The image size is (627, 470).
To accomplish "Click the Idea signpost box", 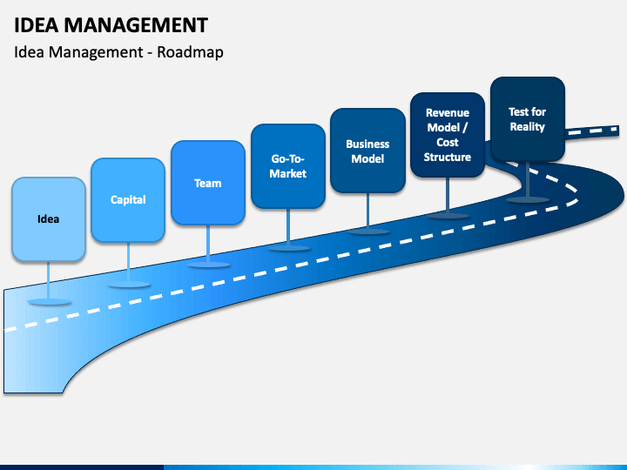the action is coord(49,219).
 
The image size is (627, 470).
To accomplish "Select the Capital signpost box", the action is coord(128,200).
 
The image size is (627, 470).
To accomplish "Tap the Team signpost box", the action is coord(208,183).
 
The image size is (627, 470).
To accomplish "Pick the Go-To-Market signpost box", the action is coord(288,166).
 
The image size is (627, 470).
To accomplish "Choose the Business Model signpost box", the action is coord(367,151).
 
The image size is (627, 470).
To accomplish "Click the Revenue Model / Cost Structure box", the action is coord(448,135).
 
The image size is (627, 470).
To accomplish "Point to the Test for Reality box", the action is coord(528,119).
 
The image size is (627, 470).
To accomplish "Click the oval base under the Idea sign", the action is coord(49,302).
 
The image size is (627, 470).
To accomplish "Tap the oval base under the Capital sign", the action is coord(129,285).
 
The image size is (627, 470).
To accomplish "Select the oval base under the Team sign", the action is coord(208,265).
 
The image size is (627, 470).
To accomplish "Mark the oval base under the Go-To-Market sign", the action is coord(288,248).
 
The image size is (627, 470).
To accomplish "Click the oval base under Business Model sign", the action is coord(367,232).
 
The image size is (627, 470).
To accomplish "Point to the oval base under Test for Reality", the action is coord(528,199).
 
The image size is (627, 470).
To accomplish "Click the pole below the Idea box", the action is coord(49,280).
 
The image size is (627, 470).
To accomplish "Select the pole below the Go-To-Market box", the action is coord(288,227).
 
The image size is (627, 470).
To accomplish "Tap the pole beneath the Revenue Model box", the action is coord(448,196).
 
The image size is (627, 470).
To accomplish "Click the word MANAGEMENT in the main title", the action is coord(136,25).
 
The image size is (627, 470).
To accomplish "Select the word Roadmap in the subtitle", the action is coord(190,52).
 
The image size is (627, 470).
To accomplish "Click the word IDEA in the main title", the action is coord(37,25).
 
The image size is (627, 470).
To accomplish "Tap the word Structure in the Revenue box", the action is coord(448,157).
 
